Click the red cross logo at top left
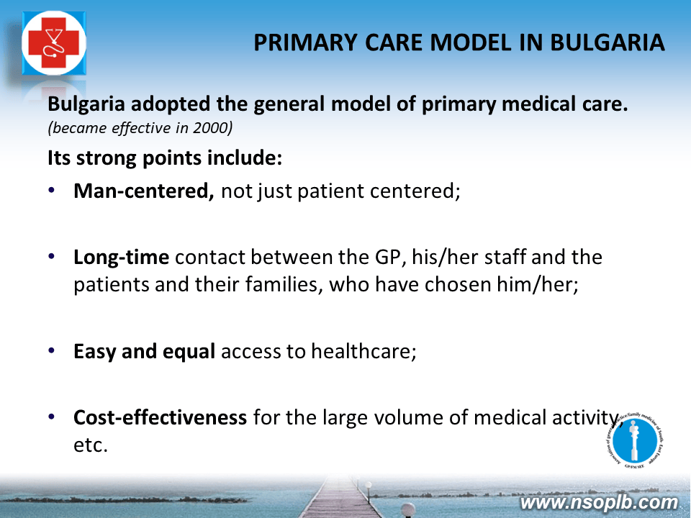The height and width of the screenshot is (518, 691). pos(54,42)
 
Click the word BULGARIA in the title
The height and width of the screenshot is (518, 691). pos(608,42)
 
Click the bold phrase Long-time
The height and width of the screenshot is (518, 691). pos(121,258)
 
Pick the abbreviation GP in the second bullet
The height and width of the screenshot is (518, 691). pos(390,258)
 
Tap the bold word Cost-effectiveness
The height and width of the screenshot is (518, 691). pos(160,417)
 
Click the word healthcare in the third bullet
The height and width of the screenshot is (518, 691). pos(363,351)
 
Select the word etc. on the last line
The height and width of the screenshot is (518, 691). pos(91,445)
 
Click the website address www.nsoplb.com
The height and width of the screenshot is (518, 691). pos(598,502)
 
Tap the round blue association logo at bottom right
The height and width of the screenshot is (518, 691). pos(635,440)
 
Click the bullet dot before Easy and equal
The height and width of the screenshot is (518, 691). pos(52,350)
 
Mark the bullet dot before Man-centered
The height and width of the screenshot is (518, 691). pos(52,190)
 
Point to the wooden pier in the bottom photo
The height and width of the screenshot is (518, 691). pos(339,498)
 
